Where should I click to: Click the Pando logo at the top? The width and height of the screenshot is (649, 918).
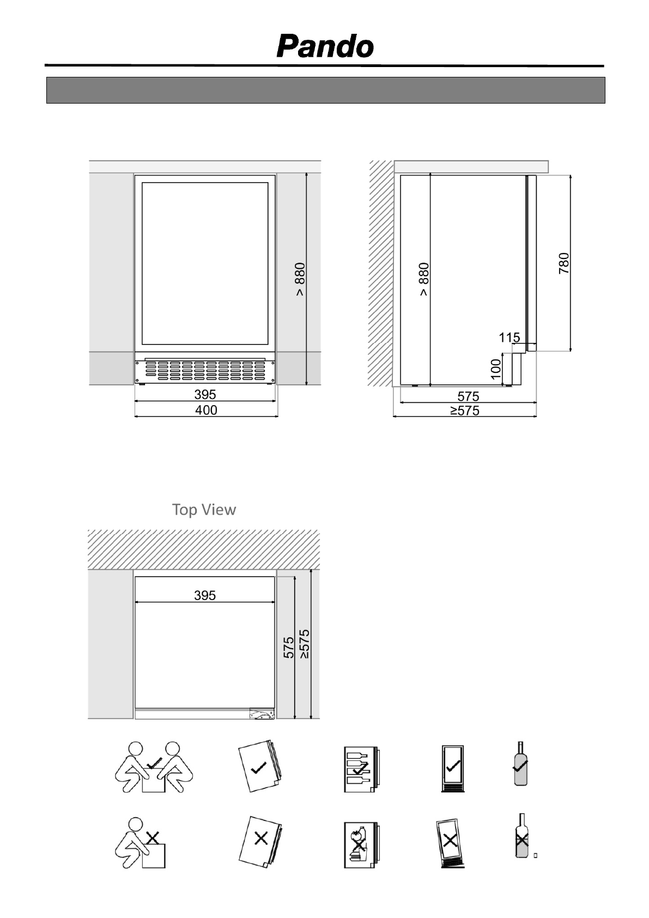325,47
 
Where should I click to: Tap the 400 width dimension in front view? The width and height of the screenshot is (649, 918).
206,410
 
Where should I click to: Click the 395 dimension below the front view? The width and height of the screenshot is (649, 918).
205,394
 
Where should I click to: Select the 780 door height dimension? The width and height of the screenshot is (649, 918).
564,263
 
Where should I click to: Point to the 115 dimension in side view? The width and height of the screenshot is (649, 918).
509,338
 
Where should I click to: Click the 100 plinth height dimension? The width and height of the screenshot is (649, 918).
495,369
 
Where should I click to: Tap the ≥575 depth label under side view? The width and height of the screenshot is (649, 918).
465,410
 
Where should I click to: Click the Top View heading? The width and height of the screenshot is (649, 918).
204,510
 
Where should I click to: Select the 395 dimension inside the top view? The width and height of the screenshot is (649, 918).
205,595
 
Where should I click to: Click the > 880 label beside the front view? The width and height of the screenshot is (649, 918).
300,279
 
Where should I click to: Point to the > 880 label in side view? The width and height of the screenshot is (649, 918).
424,279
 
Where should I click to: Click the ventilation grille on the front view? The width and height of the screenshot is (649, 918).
205,371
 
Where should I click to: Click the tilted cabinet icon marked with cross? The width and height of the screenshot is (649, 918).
450,843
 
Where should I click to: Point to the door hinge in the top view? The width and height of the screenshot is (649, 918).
262,714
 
